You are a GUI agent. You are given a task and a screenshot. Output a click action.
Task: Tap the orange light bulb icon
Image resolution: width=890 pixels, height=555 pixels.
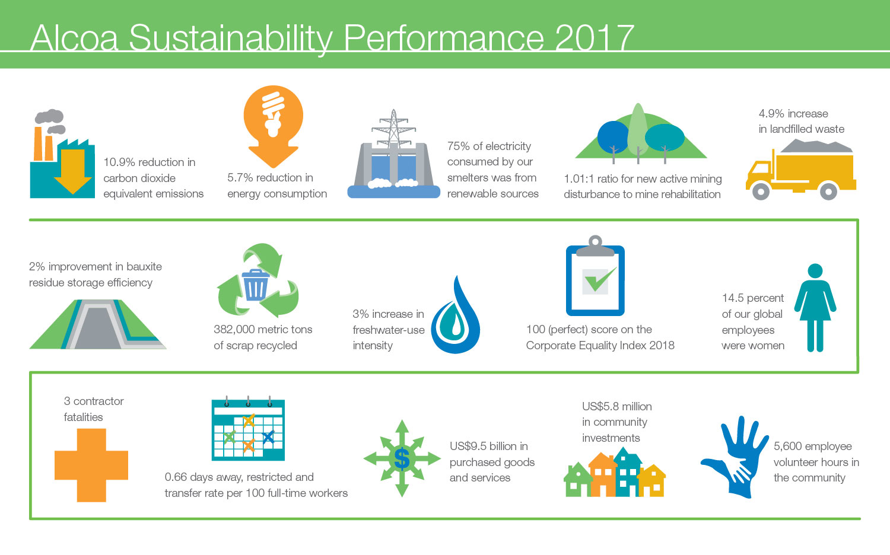pos(274,126)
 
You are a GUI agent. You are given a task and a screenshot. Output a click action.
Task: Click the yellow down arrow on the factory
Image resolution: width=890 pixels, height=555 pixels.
pos(73,171)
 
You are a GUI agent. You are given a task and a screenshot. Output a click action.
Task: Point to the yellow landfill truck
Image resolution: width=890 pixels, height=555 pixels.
pos(800,170)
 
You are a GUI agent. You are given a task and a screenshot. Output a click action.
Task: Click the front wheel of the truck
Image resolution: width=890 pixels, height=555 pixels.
pos(761,191)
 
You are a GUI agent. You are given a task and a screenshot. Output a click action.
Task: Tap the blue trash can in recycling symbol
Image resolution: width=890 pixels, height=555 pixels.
pos(255,285)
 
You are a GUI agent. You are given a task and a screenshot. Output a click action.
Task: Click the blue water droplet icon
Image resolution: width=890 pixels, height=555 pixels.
pos(455,315)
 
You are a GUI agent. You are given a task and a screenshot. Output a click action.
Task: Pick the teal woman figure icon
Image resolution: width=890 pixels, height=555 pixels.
pos(815,308)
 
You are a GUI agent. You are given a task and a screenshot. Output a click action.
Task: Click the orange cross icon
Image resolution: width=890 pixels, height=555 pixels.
pos(91,465)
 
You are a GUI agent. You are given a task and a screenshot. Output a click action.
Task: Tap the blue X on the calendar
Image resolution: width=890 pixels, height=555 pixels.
pos(269,438)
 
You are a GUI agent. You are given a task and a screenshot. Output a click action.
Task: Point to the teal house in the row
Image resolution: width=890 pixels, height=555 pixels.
pos(627,473)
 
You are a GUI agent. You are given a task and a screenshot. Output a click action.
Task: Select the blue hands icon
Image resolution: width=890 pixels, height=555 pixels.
pos(735,457)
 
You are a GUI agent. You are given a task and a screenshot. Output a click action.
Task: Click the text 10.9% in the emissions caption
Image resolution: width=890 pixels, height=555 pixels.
pos(119,162)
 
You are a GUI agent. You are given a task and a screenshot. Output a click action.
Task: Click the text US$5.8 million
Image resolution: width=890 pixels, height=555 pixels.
pos(617,407)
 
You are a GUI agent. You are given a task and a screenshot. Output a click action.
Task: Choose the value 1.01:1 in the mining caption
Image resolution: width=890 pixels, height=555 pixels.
pos(579,179)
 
